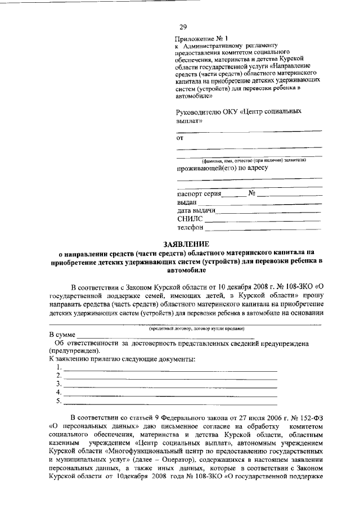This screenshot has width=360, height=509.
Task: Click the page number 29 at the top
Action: click(183, 26)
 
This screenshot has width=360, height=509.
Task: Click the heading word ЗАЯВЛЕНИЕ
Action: click(186, 244)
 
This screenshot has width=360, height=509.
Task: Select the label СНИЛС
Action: click(188, 219)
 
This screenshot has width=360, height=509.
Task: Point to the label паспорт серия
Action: click(198, 193)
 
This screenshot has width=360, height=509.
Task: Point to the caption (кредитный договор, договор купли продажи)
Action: click(188, 328)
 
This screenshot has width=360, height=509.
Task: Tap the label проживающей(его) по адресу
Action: click(222, 168)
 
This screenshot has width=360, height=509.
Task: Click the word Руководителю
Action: click(200, 111)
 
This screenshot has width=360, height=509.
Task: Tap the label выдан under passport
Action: click(187, 202)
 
